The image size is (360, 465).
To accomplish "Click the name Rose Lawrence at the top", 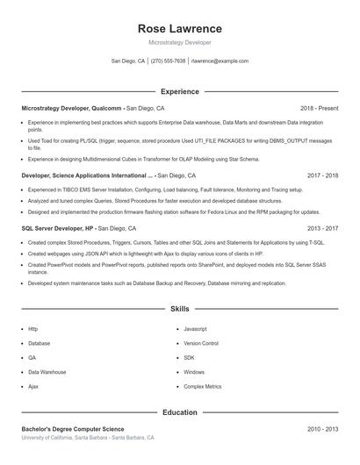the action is click(x=180, y=28).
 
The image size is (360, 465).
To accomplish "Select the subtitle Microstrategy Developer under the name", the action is click(x=180, y=42).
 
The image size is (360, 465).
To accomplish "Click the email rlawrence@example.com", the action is click(x=220, y=61).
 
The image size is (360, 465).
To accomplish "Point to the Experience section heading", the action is click(x=180, y=91).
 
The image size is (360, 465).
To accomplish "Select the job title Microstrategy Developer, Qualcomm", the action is click(x=72, y=108).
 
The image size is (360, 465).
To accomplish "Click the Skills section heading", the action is click(x=180, y=309).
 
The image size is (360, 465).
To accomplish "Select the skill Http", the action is click(x=32, y=329).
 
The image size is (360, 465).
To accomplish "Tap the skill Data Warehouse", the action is click(x=47, y=372).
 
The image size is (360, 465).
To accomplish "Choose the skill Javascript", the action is click(x=195, y=329).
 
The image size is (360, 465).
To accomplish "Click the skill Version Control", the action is click(x=201, y=343).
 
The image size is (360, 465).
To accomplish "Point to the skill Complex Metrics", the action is click(x=202, y=386).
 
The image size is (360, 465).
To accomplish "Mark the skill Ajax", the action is click(x=33, y=386).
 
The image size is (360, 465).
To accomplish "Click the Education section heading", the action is click(x=180, y=412).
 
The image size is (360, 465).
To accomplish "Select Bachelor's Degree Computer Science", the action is click(x=68, y=429).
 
